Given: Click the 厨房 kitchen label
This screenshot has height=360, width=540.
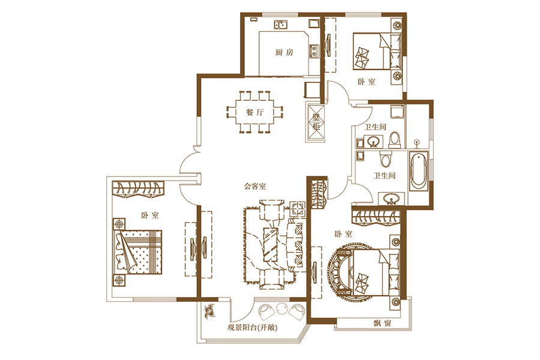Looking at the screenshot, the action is [x=284, y=52].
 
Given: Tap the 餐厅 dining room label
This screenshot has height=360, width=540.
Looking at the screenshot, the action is [x=255, y=112].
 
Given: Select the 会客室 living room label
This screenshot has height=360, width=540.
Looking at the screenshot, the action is [x=255, y=187].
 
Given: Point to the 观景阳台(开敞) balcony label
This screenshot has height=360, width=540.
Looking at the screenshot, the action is [x=253, y=328].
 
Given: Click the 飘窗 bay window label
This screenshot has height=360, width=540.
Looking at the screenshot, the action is [x=382, y=323].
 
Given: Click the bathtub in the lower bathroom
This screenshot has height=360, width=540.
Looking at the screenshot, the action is [x=418, y=170].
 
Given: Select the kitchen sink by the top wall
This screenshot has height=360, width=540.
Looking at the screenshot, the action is [x=281, y=24].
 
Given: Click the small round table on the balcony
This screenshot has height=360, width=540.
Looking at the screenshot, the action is [x=282, y=308].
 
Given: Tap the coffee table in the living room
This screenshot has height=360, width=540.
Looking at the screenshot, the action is [x=271, y=244].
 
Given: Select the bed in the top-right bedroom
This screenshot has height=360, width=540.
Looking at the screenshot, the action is [x=377, y=50].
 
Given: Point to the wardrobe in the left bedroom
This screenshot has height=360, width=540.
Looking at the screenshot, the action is [x=139, y=190].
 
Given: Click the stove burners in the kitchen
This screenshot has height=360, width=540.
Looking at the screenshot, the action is [x=314, y=50].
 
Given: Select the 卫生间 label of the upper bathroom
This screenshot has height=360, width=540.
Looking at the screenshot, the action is [x=376, y=127].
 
